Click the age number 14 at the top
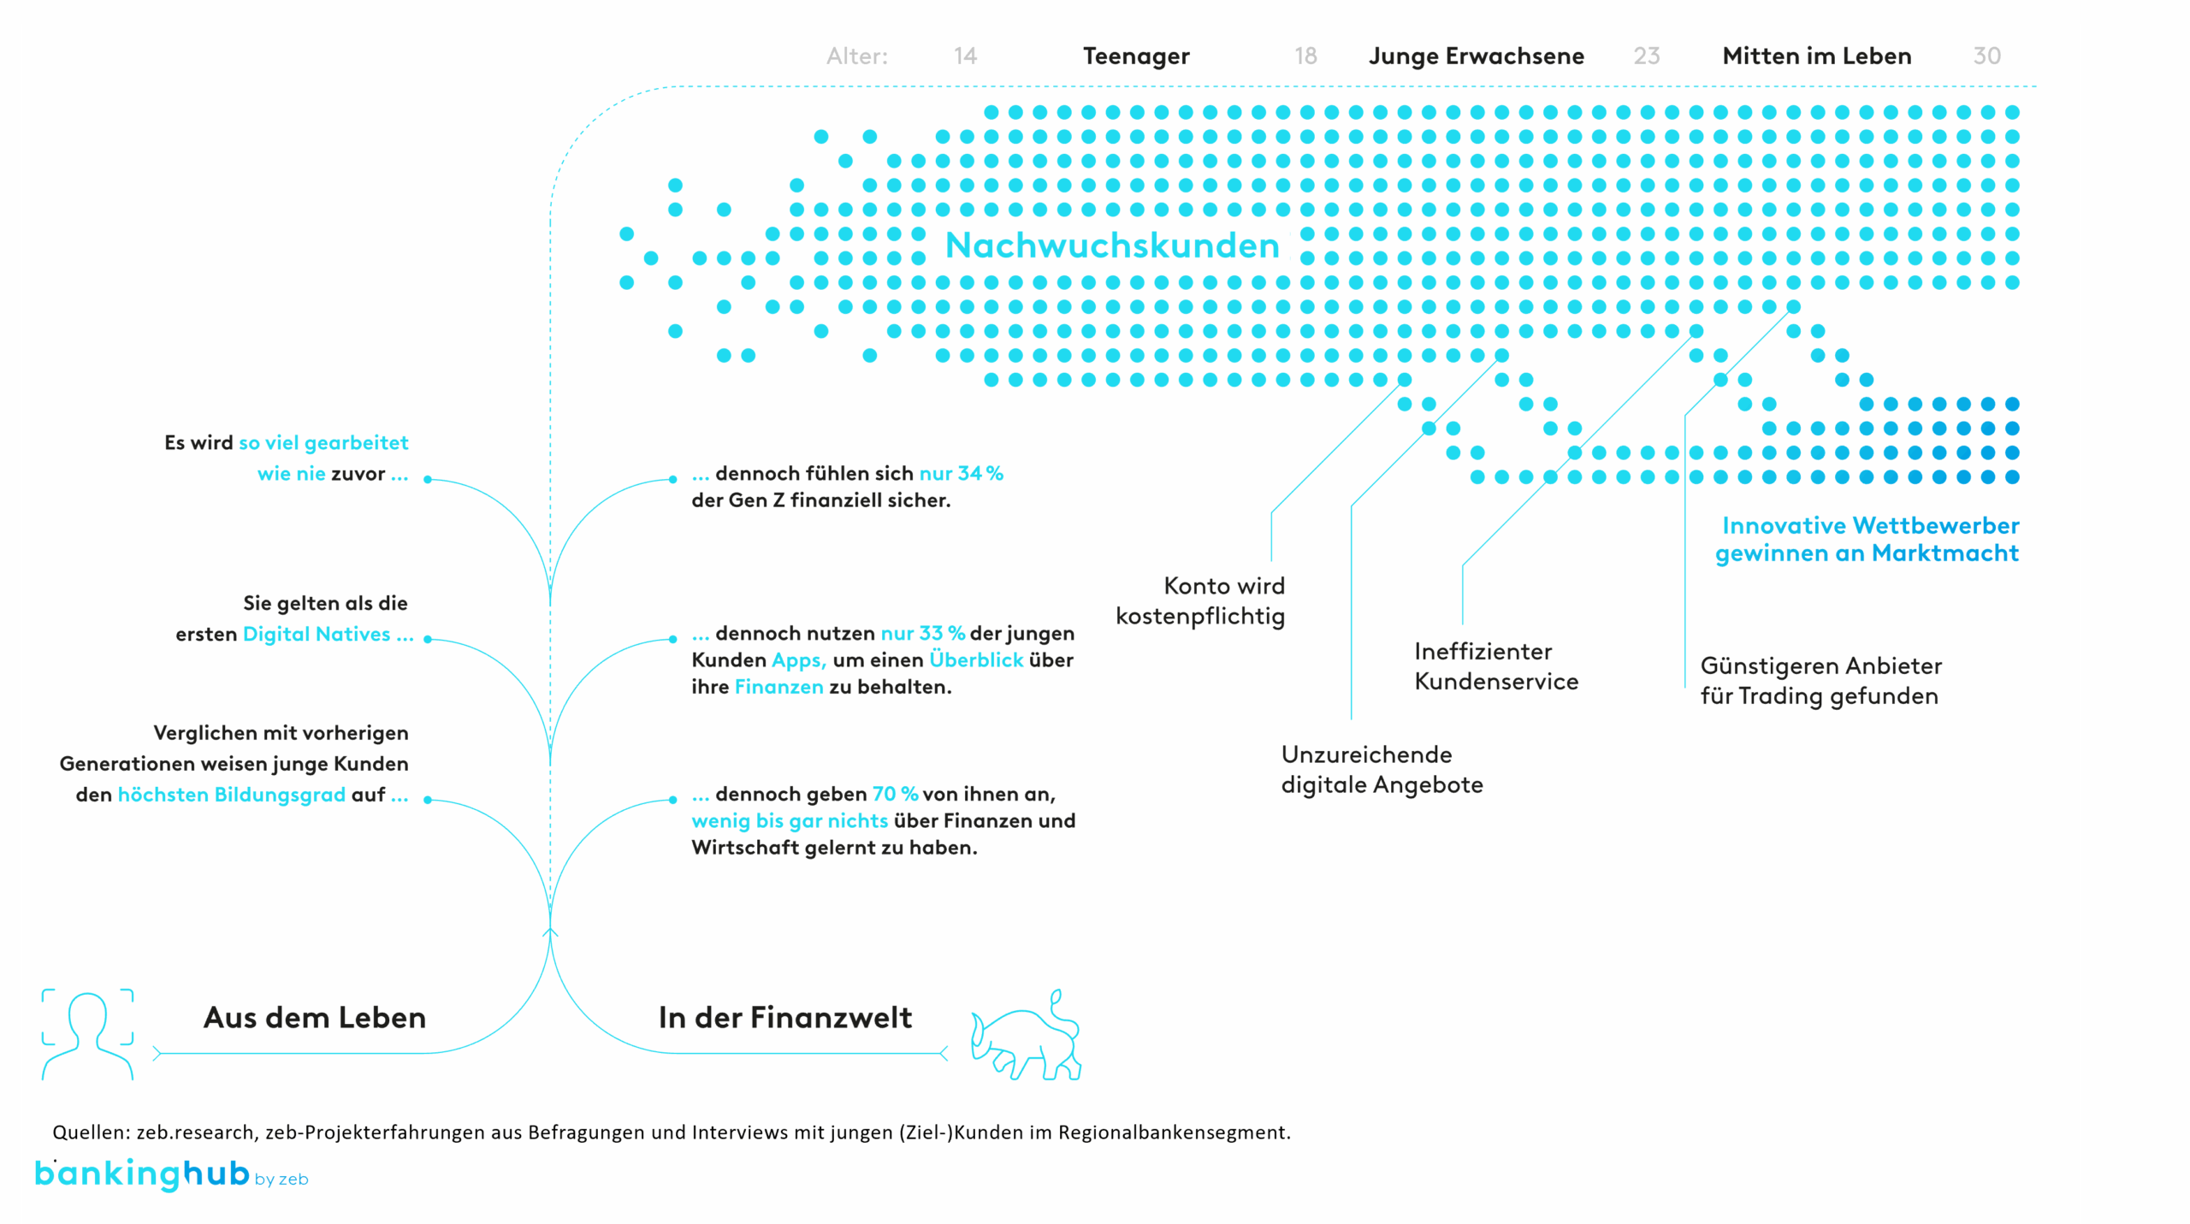pyautogui.click(x=965, y=56)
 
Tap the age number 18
pyautogui.click(x=1305, y=56)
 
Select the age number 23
pyautogui.click(x=1646, y=56)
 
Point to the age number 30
pyautogui.click(x=1986, y=56)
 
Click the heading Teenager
pyautogui.click(x=1136, y=56)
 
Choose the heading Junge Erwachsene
pyautogui.click(x=1477, y=56)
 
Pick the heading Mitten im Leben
pyautogui.click(x=1817, y=56)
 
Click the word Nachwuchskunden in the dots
pyautogui.click(x=1112, y=246)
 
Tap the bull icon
pyautogui.click(x=1027, y=1037)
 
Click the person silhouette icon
pyautogui.click(x=87, y=1035)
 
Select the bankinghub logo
pyautogui.click(x=141, y=1174)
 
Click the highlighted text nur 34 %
pyautogui.click(x=961, y=473)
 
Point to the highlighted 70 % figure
pyautogui.click(x=895, y=794)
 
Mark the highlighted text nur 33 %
pyautogui.click(x=923, y=633)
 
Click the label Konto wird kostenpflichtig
pyautogui.click(x=1200, y=600)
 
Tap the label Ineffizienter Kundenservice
pyautogui.click(x=1496, y=666)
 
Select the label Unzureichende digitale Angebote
pyautogui.click(x=1382, y=770)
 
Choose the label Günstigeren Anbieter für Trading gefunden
pyautogui.click(x=1820, y=681)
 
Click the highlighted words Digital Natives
pyautogui.click(x=317, y=634)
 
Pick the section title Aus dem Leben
pyautogui.click(x=315, y=1017)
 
